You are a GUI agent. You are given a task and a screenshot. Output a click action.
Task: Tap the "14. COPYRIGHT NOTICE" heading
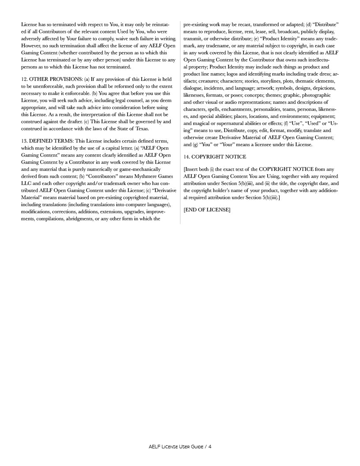pos(214,157)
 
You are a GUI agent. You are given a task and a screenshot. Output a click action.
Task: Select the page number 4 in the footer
pos(210,447)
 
